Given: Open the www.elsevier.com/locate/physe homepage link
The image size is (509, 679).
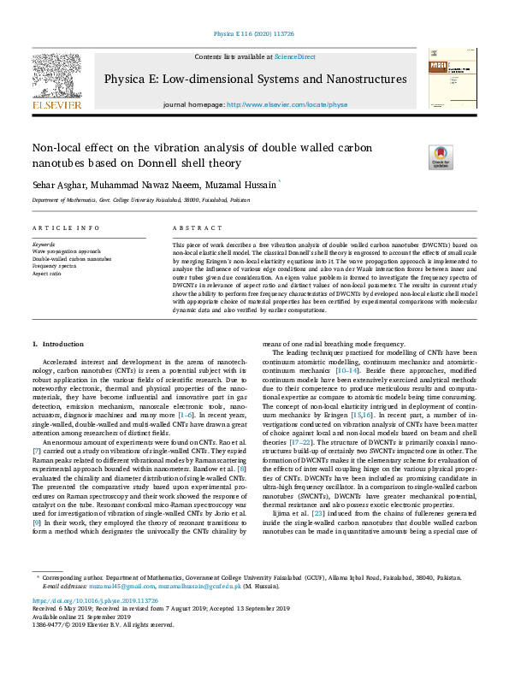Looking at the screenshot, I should coord(287,104).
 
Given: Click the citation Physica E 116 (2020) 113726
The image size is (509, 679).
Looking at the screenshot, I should coord(254,35).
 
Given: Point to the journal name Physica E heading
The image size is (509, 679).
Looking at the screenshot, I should coord(255,80).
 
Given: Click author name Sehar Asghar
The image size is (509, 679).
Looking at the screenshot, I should coord(53,184).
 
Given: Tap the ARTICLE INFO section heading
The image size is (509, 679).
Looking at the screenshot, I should coord(58,229).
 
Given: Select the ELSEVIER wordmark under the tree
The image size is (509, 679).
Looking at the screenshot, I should coord(56,104).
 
